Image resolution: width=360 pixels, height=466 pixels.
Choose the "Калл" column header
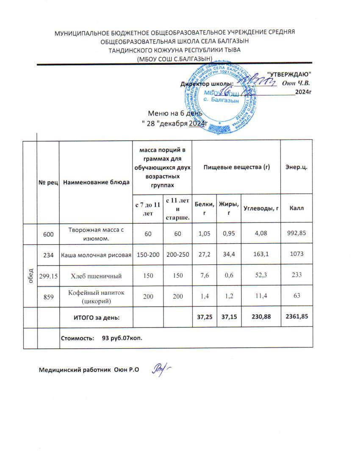(x=296, y=208)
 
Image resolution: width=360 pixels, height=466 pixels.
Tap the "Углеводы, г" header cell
(x=260, y=208)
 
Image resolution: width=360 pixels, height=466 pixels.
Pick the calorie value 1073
(x=296, y=255)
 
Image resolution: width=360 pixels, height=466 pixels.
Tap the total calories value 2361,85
(x=296, y=317)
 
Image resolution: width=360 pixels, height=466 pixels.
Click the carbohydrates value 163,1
(x=260, y=255)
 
